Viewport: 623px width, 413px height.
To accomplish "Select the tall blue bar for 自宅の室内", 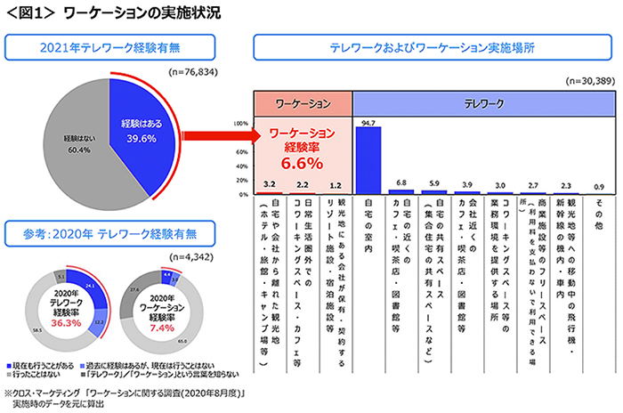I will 368,160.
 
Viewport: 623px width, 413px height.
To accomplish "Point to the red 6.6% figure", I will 301,165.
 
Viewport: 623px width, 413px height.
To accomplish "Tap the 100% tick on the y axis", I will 239,125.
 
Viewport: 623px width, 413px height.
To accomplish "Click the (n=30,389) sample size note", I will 591,81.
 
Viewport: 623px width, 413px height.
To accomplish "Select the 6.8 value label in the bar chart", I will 401,182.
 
